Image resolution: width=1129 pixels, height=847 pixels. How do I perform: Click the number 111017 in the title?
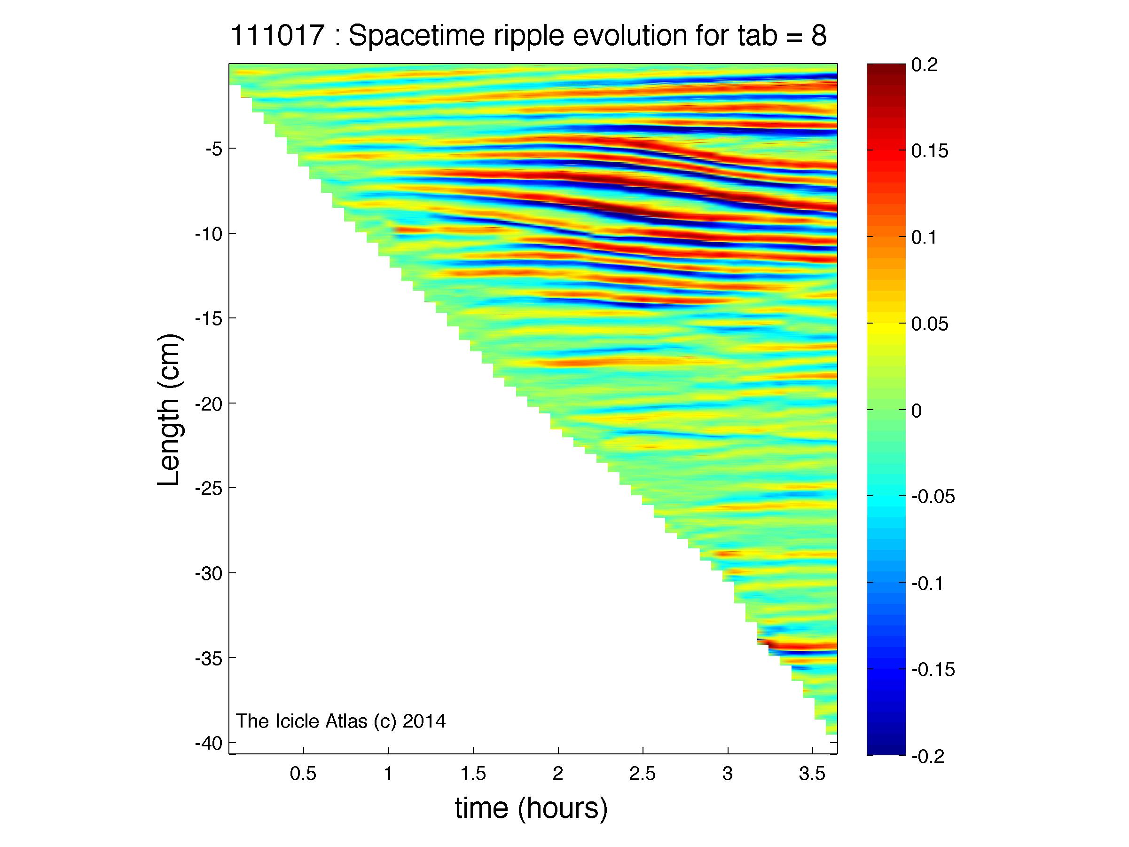tap(278, 36)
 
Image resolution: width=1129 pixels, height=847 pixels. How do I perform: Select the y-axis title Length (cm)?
tap(169, 410)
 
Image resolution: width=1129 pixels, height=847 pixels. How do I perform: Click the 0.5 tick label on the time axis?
tap(303, 775)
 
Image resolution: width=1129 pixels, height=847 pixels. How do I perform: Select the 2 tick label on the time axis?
tap(558, 775)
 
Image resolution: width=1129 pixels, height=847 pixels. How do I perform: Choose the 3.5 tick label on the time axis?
tap(812, 775)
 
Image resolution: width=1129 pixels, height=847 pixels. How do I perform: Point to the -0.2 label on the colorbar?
tap(928, 756)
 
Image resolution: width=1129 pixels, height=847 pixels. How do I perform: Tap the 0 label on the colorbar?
tap(917, 411)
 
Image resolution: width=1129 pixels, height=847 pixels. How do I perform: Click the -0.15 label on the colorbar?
tap(933, 669)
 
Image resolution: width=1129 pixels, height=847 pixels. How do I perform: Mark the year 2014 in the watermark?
tap(424, 721)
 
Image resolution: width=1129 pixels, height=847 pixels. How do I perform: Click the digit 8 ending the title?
tap(819, 36)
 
